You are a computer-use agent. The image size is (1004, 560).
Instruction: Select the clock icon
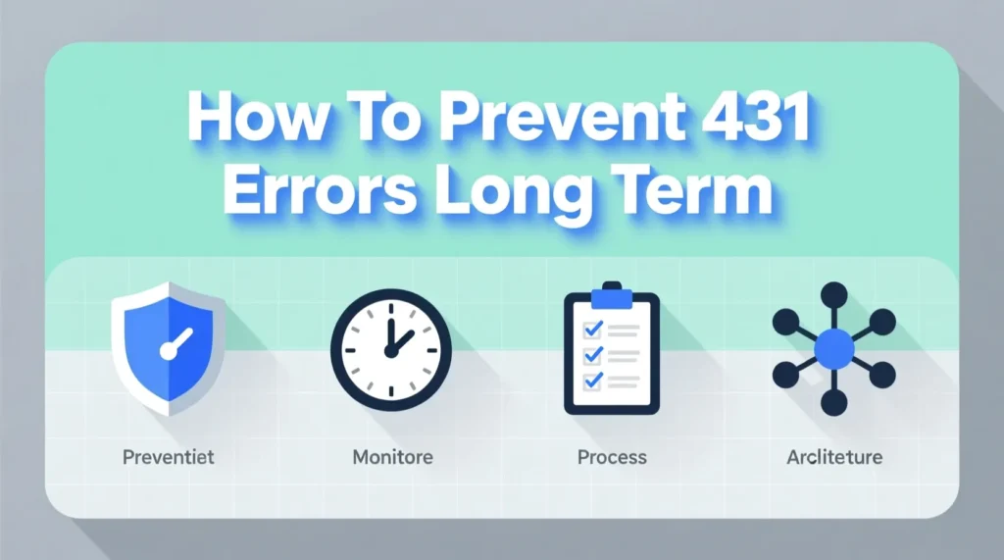391,350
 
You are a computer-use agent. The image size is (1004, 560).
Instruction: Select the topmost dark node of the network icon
834,293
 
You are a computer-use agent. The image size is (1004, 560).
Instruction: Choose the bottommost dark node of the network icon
834,402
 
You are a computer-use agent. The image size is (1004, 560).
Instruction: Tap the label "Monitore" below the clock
392,457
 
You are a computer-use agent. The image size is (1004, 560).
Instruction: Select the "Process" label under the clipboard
612,457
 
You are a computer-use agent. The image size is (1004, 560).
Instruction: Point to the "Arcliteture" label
834,457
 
